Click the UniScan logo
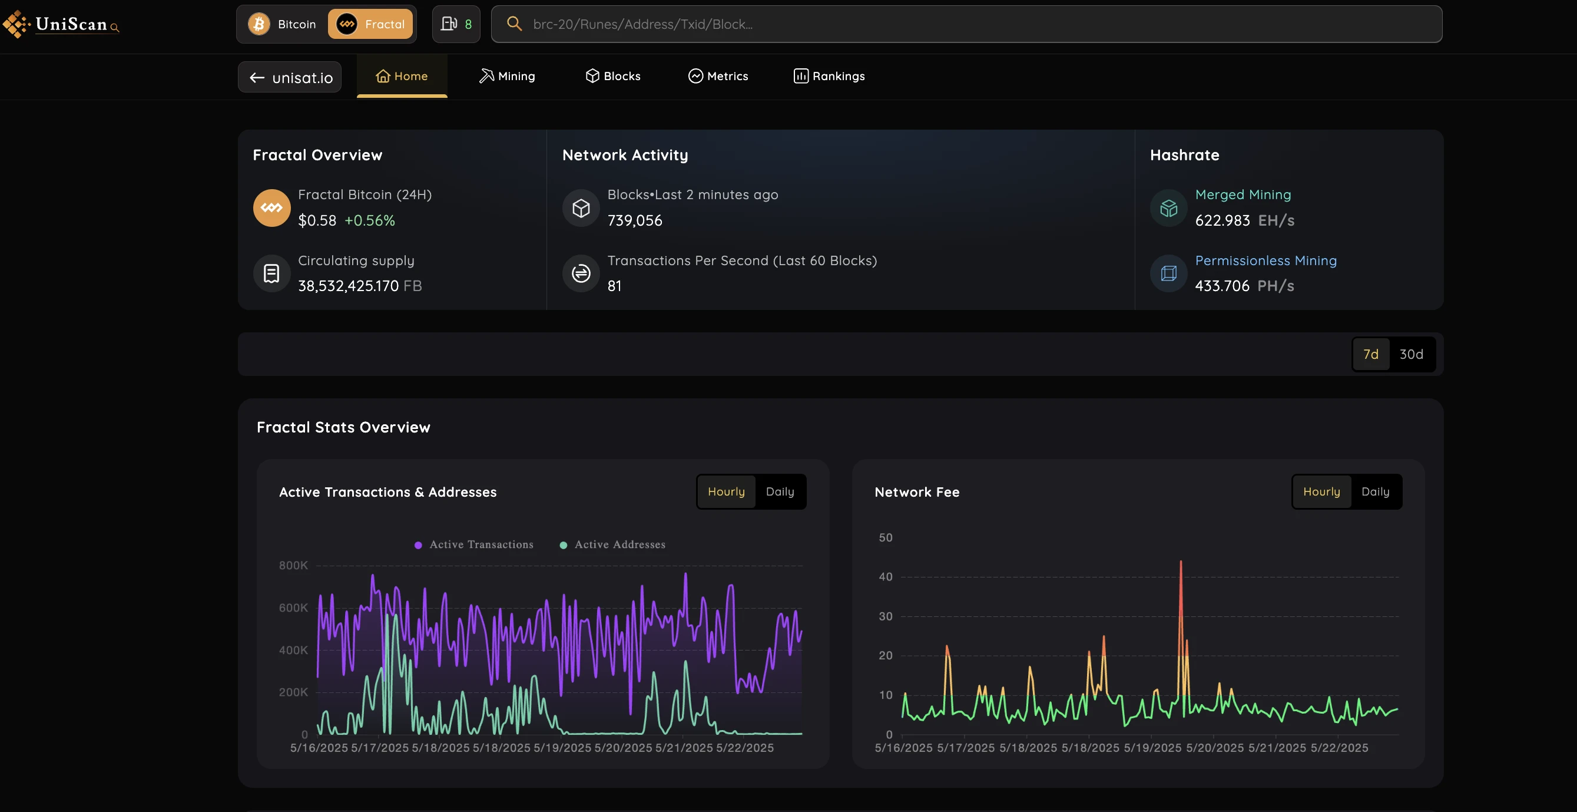(61, 24)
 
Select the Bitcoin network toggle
(282, 24)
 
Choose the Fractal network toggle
(370, 24)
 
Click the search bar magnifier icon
(514, 24)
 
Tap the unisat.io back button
(290, 77)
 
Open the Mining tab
(507, 76)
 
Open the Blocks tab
(613, 76)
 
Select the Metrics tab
(718, 76)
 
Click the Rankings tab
(829, 76)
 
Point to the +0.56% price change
(370, 220)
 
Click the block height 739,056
(635, 220)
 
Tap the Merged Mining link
(1243, 194)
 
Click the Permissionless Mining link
(1265, 261)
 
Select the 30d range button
(1411, 354)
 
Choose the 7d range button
(1371, 354)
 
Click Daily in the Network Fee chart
(1375, 491)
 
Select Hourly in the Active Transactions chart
(726, 491)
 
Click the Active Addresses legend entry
(613, 544)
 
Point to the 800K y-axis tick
(293, 565)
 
